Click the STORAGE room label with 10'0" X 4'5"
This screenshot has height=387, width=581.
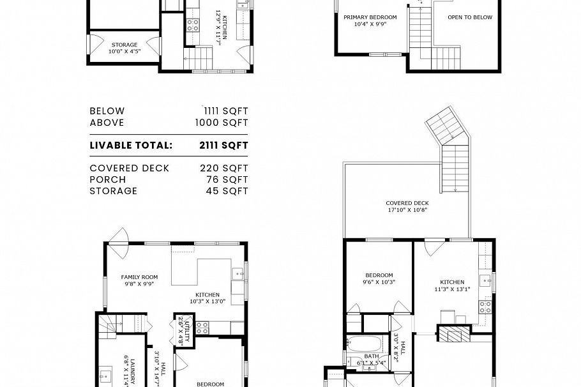coord(124,49)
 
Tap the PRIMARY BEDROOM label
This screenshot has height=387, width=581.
coord(370,21)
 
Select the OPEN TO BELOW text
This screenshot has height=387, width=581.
coord(469,17)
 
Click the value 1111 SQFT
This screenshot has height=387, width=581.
coord(225,111)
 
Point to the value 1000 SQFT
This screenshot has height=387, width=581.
coord(222,123)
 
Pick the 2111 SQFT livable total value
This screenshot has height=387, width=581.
coord(223,145)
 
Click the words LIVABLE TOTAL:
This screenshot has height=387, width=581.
coord(131,145)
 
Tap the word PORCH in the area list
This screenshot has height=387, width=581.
coord(107,179)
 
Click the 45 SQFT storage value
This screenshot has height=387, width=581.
coord(227,191)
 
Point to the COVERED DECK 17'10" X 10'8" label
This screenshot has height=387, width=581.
coord(407,206)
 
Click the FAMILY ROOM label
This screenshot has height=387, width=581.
coord(139,280)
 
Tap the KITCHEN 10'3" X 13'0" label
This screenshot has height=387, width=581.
coord(208,297)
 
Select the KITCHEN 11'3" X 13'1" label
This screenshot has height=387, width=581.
coord(451,285)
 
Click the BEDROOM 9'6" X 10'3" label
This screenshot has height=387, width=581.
coord(379,278)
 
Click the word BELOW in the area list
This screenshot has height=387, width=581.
coord(107,111)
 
